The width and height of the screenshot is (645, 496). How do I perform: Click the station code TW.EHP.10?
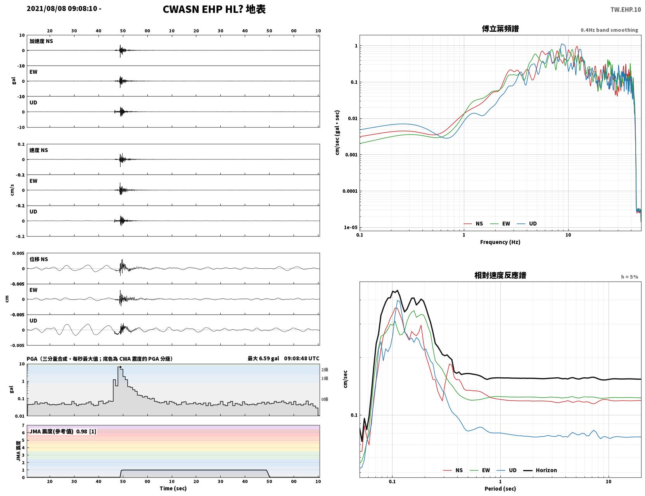click(x=625, y=9)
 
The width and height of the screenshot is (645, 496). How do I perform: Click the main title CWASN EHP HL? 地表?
click(x=214, y=9)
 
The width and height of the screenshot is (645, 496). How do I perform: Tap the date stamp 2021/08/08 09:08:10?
click(x=62, y=8)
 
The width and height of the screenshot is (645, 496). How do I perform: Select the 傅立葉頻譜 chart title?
click(x=500, y=28)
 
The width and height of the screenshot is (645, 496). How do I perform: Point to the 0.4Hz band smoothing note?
click(x=609, y=30)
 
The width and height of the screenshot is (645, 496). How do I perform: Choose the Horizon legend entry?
click(x=540, y=470)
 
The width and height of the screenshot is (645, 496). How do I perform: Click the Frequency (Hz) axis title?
click(x=500, y=242)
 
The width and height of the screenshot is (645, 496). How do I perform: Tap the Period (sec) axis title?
click(x=500, y=488)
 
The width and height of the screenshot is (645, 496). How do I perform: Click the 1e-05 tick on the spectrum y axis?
click(x=351, y=227)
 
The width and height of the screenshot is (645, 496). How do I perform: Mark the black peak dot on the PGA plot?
click(x=120, y=367)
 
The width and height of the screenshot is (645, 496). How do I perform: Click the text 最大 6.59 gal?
click(x=263, y=358)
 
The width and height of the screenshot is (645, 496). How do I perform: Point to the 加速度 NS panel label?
click(x=41, y=41)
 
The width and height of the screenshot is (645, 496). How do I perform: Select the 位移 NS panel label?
click(x=38, y=259)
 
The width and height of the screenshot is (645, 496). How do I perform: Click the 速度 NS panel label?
click(x=38, y=150)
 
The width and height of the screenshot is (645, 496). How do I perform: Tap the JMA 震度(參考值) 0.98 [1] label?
click(x=62, y=431)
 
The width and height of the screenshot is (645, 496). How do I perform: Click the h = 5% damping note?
click(x=629, y=277)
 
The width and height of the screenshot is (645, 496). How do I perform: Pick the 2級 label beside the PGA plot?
click(x=324, y=369)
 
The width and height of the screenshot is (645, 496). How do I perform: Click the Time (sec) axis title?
click(x=173, y=488)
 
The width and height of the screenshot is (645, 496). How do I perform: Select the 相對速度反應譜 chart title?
click(x=500, y=275)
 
